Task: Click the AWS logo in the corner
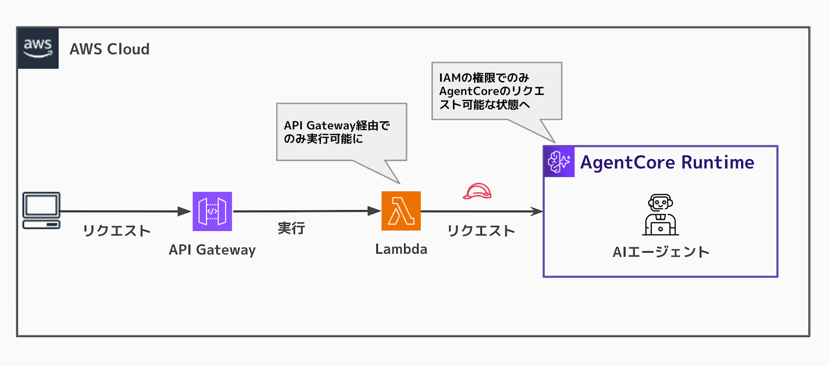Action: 38,48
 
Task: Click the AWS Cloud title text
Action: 109,49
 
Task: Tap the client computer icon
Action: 41,210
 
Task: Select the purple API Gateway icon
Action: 212,211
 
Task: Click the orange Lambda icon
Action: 401,211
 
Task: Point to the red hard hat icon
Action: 477,191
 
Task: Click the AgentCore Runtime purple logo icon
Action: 559,162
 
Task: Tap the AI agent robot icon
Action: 660,215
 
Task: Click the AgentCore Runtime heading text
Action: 667,162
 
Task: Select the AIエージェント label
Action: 661,252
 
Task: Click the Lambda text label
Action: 401,249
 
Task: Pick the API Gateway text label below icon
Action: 212,250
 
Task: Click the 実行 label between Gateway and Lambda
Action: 291,228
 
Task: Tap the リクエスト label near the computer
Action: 116,231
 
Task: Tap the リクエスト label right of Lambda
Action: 481,231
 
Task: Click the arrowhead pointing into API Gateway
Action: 184,211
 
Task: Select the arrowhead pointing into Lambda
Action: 374,211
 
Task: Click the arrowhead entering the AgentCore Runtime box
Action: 537,211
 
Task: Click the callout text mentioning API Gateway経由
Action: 337,132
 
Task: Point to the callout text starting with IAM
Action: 492,91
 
